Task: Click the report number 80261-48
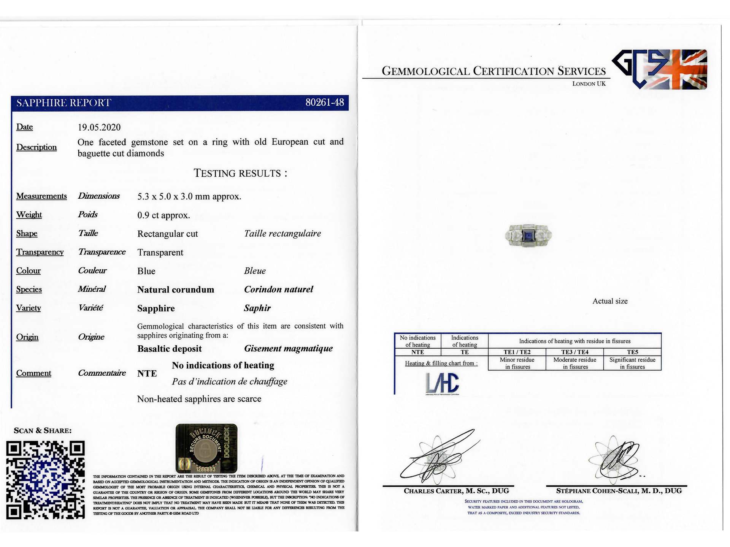pos(324,103)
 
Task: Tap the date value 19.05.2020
pos(99,127)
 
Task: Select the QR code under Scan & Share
pos(45,480)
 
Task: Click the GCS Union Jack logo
pos(660,70)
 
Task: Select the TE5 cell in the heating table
pos(632,352)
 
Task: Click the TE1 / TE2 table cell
pos(517,352)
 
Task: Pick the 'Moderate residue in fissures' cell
pos(574,363)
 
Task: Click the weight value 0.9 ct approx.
pos(163,215)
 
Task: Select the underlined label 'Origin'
pos(27,337)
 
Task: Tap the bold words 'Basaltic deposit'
pos(170,349)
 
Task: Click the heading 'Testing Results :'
pos(240,173)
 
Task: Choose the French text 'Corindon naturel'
pos(278,289)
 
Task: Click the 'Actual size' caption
pos(610,301)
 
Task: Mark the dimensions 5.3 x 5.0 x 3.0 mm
pos(189,196)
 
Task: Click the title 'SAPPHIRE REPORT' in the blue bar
pos(63,103)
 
